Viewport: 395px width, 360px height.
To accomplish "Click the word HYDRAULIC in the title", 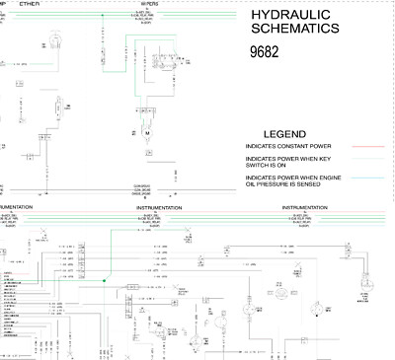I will tap(288, 18).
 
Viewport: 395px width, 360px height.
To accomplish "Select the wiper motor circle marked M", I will tap(145, 131).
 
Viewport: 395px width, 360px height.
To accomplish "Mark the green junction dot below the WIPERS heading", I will tap(130, 43).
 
